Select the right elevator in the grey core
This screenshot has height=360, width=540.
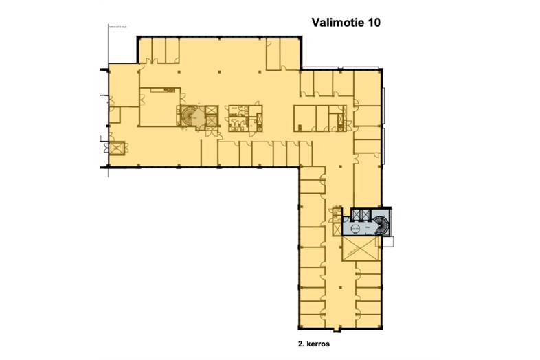click(x=369, y=214)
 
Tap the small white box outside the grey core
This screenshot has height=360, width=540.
click(x=390, y=240)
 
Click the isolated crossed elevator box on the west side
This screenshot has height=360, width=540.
click(x=115, y=147)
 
